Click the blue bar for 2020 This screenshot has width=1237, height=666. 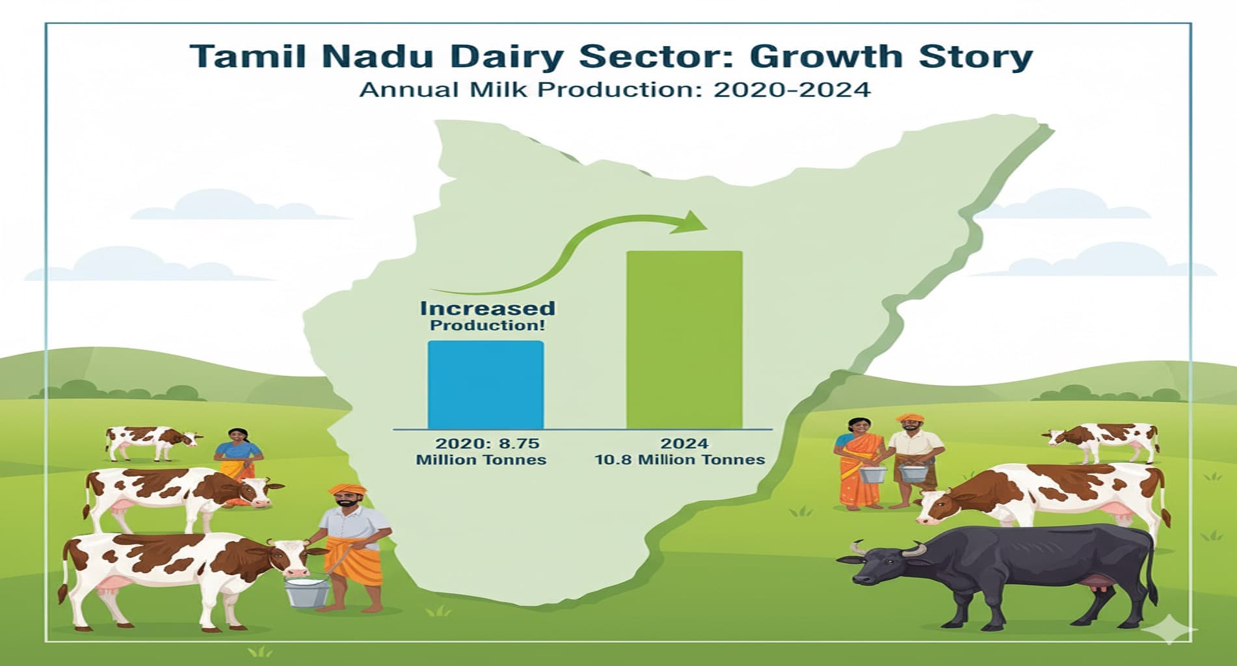(485, 384)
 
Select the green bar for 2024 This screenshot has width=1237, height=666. (684, 340)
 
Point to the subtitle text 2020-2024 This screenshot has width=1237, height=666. (791, 89)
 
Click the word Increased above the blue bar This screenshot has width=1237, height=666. (487, 308)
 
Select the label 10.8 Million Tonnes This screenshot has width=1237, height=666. (680, 460)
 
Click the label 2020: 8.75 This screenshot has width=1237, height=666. (487, 444)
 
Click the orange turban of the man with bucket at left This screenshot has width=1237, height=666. (347, 490)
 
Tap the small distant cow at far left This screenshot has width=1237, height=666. (151, 440)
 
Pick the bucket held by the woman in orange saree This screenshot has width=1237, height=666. (872, 473)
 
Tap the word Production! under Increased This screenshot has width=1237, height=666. (487, 325)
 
